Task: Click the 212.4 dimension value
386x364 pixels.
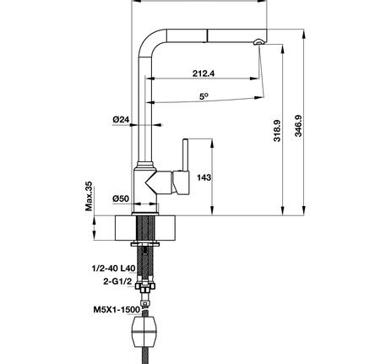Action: point(203,73)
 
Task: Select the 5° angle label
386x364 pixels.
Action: point(204,97)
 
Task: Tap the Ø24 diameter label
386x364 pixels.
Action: point(120,120)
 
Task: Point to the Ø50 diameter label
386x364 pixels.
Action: point(120,198)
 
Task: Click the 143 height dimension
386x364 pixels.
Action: point(203,178)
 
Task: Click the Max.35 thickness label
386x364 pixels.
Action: point(87,196)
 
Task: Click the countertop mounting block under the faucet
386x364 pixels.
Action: point(144,225)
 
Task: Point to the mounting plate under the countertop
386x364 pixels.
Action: point(145,245)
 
